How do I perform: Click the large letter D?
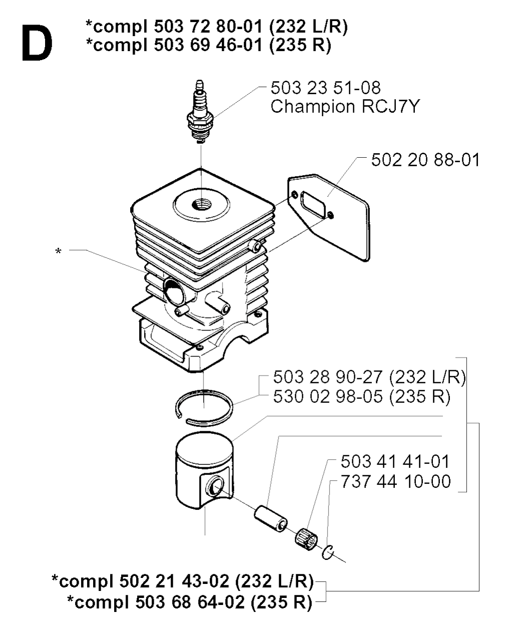[x=37, y=43]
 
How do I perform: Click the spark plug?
[x=200, y=112]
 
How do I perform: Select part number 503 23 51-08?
[x=326, y=88]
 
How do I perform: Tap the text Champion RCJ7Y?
[x=345, y=106]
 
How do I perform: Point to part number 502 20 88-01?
[x=425, y=160]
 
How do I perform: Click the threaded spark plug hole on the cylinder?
[x=201, y=204]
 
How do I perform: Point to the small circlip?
[x=328, y=552]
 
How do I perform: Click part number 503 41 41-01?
[x=395, y=461]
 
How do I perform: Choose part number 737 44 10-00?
[x=395, y=481]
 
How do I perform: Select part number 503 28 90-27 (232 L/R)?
[x=369, y=377]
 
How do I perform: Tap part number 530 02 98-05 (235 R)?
[x=362, y=397]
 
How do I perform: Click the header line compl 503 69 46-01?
[x=208, y=45]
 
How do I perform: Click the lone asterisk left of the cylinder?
[x=59, y=251]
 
